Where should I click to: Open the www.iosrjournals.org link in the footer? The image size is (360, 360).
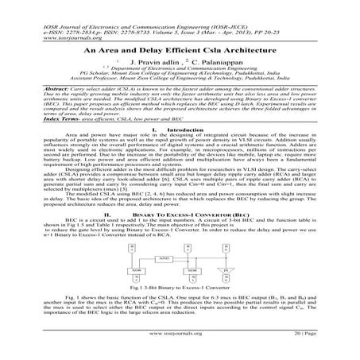click(x=179, y=347)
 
